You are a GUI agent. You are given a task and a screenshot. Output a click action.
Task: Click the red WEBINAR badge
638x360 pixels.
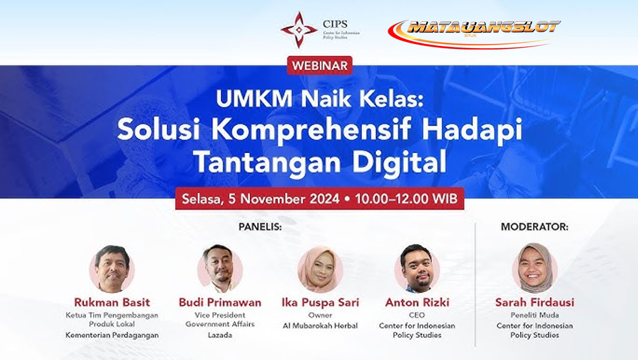(x=320, y=65)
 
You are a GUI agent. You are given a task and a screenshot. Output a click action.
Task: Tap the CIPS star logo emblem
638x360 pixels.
(x=299, y=30)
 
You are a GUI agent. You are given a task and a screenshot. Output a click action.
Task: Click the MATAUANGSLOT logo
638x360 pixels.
(x=474, y=34)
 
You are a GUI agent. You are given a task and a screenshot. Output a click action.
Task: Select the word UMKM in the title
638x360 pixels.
(x=254, y=99)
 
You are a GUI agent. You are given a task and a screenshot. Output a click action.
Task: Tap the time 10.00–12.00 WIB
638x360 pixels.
(x=406, y=199)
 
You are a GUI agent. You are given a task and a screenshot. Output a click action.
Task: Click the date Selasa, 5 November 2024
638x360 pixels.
(x=261, y=199)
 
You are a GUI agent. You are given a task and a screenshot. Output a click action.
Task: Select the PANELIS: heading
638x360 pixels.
(x=260, y=227)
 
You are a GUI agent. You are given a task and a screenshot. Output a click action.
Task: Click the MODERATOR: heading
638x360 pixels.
(x=534, y=227)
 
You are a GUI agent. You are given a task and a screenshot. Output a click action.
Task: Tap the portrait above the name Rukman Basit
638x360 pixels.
(x=112, y=269)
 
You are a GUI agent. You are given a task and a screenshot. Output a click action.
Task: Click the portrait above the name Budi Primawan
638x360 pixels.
(x=220, y=269)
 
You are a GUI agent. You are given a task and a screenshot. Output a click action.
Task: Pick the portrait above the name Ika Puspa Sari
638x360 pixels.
(x=320, y=270)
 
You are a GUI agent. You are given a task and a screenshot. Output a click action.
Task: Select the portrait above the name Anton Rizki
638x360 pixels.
(x=417, y=269)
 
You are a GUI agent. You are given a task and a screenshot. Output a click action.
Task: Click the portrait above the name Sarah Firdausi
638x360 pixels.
(x=534, y=268)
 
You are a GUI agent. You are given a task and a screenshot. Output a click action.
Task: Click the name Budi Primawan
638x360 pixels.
(x=220, y=302)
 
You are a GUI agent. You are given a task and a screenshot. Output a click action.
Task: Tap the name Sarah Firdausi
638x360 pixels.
(x=534, y=302)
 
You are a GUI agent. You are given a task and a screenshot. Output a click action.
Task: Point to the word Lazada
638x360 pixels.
(x=220, y=335)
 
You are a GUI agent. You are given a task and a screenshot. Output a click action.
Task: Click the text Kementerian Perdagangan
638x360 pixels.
(x=112, y=335)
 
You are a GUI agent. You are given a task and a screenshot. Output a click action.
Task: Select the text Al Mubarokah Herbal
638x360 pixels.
(x=320, y=325)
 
